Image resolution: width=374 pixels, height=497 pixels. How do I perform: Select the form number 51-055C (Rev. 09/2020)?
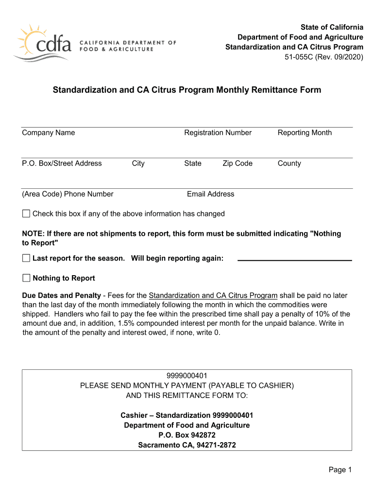323,57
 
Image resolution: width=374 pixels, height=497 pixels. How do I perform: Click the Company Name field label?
49,133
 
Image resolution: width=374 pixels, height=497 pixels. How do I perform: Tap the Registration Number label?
218,133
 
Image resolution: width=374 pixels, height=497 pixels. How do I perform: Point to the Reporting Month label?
305,133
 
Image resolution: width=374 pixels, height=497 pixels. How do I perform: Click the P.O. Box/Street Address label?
62,163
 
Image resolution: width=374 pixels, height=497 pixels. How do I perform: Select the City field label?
138,163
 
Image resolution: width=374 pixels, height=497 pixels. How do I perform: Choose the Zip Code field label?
237,163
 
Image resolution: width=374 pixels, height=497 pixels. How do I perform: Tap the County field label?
289,163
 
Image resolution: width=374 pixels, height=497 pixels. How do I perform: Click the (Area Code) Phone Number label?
68,194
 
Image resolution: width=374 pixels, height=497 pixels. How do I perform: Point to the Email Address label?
210,194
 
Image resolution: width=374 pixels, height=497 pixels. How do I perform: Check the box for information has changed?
26,214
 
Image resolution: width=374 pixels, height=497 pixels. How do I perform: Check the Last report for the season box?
26,258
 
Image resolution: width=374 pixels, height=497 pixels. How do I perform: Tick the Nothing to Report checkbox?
26,278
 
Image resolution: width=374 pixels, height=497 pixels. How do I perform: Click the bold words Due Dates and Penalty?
61,296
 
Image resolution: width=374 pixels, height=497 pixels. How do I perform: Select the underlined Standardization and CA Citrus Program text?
213,296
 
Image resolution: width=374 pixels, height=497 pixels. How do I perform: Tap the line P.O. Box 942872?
187,435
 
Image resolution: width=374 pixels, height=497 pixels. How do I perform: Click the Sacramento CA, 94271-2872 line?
187,445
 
